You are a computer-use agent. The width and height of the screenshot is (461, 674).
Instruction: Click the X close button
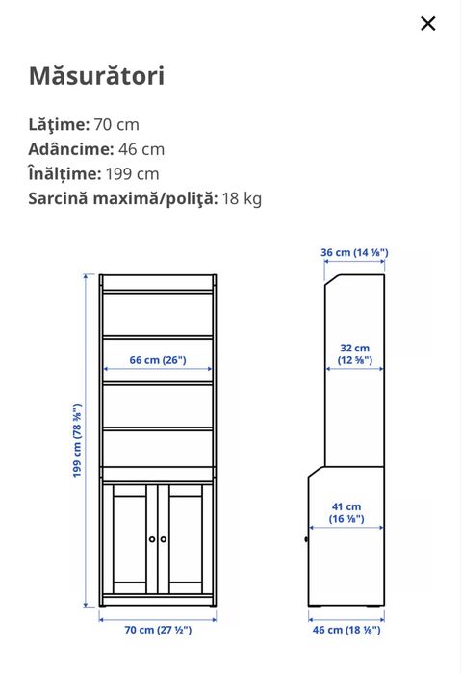tap(428, 24)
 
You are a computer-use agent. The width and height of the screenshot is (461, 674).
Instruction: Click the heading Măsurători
tap(96, 76)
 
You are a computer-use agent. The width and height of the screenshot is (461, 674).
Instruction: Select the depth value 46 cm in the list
tap(141, 149)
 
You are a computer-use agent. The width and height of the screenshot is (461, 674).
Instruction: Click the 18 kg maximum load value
tap(242, 199)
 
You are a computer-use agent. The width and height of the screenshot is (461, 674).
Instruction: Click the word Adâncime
tap(70, 149)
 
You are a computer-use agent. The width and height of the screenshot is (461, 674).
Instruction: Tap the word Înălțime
tap(64, 174)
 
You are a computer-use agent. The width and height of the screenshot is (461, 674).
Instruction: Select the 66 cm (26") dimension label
tap(158, 360)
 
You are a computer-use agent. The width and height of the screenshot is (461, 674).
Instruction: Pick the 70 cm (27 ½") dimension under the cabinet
tap(158, 630)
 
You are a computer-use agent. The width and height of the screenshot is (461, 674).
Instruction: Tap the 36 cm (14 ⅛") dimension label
tap(354, 253)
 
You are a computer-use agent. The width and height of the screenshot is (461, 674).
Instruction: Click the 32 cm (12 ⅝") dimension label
tap(354, 354)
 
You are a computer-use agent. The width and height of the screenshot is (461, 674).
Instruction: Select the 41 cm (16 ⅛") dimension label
tap(346, 512)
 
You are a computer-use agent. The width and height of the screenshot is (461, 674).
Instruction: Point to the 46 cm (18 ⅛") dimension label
tap(346, 630)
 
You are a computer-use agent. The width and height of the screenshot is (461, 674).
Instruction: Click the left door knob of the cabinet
tap(152, 539)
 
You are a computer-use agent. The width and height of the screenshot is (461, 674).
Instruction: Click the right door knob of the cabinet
tap(164, 539)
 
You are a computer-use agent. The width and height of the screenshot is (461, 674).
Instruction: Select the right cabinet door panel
tap(187, 539)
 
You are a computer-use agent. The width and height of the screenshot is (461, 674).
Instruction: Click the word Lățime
tap(59, 124)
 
